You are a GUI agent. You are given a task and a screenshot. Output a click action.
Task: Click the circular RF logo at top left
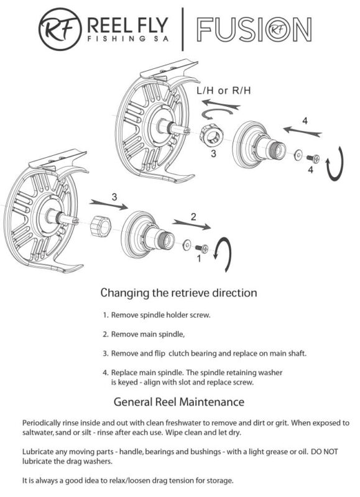(60, 29)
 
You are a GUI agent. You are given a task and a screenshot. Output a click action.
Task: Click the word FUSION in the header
(254, 29)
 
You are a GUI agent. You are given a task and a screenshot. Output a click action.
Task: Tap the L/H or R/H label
(224, 91)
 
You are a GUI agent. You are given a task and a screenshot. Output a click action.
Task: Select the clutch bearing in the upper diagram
(211, 135)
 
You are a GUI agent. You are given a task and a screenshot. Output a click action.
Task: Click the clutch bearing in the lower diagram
(100, 226)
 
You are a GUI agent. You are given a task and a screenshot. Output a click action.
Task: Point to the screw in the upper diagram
(313, 158)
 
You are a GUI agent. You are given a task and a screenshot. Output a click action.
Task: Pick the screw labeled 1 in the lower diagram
(201, 248)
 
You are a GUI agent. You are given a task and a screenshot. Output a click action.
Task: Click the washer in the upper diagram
(298, 155)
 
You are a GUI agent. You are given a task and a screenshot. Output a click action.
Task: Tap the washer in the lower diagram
(187, 245)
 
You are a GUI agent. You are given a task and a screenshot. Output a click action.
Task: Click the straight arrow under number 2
(192, 224)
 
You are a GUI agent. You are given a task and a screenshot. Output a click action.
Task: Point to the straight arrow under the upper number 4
(303, 132)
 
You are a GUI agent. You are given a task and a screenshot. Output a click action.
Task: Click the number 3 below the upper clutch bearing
(213, 153)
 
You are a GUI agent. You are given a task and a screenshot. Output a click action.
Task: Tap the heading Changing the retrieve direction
(178, 293)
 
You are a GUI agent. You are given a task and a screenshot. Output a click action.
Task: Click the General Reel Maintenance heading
(179, 402)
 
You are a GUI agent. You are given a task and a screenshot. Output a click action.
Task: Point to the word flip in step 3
(160, 353)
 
